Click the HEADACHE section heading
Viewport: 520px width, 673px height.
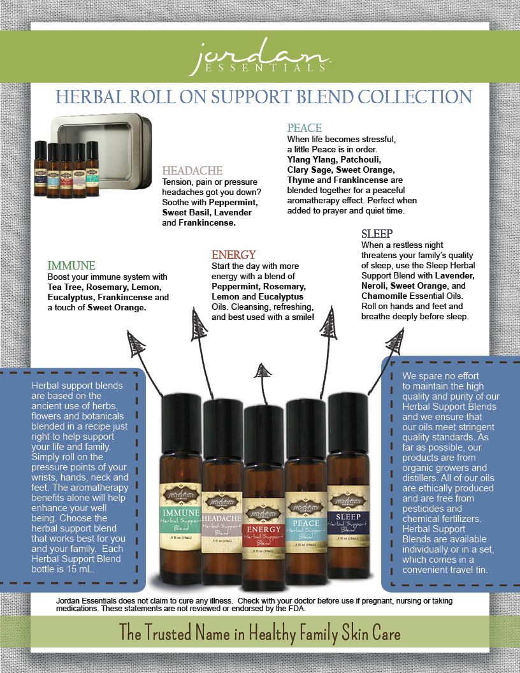192,170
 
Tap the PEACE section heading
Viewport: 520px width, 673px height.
305,128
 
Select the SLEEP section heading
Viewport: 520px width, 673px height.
377,234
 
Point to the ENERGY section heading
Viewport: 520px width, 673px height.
233,254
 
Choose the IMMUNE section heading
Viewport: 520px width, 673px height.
71,266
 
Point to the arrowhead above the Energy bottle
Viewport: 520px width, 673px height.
262,371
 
